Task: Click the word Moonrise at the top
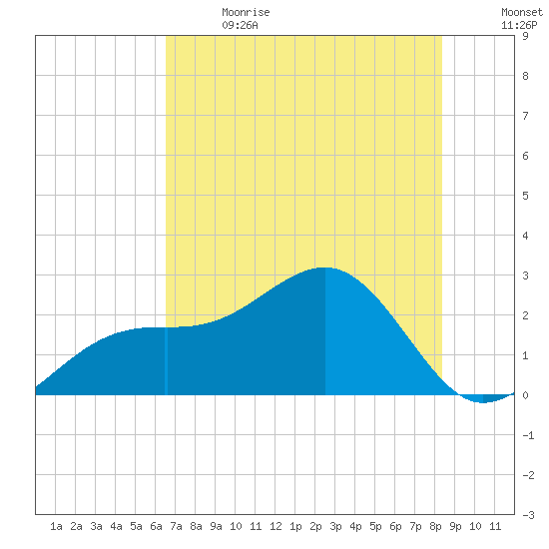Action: pos(246,12)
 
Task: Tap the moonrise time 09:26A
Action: pos(240,25)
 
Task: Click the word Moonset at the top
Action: pos(522,12)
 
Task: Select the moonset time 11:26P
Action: pos(519,25)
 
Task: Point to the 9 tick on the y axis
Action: pos(525,36)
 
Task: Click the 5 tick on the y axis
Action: pos(525,196)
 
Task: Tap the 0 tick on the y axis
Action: pos(525,395)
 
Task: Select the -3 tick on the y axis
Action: pos(528,515)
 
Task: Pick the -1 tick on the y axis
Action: pos(528,435)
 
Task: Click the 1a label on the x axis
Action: pos(56,526)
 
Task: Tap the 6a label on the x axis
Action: pos(156,526)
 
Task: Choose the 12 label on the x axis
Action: pos(275,526)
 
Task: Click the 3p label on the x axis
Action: pos(335,526)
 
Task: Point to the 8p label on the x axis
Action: pos(435,526)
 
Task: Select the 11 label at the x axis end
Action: pos(495,526)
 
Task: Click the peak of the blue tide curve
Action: pos(325,268)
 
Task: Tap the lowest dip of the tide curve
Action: pos(483,402)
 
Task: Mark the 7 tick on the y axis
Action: pos(525,116)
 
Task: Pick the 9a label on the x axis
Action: pos(216,526)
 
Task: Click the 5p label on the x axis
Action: pos(375,526)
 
